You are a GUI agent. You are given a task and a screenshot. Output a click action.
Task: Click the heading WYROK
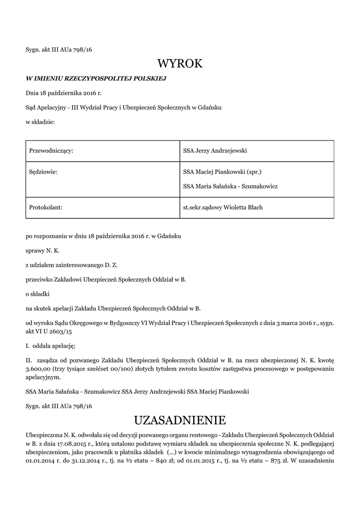point(180,63)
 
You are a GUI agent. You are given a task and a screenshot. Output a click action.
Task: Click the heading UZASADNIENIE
point(180,421)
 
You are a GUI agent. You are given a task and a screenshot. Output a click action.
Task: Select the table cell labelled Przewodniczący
point(52,150)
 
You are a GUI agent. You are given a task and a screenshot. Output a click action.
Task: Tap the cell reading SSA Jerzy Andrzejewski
point(215,150)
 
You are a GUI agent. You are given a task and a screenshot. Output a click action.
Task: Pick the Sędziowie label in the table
point(44,172)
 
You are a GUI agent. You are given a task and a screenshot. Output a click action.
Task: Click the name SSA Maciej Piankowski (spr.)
point(222,172)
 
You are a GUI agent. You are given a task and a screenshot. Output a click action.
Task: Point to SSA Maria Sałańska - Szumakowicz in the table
point(230,186)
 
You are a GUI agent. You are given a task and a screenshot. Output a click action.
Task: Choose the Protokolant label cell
point(46,207)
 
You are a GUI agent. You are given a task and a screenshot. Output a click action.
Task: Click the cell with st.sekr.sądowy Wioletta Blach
point(222,207)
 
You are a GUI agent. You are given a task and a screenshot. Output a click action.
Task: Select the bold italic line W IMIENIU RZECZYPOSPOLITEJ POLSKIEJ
point(95,78)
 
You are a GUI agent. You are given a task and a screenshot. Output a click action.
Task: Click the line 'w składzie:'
point(40,122)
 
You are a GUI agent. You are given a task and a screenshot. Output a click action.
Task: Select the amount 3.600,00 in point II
point(38,369)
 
